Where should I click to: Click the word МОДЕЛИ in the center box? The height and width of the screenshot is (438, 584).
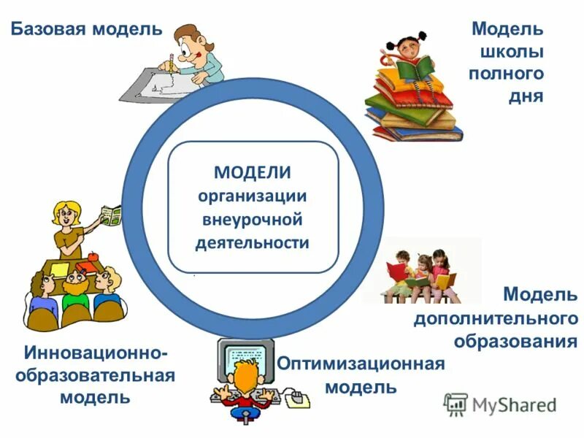(x=253, y=173)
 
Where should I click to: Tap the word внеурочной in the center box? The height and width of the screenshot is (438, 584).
(x=253, y=219)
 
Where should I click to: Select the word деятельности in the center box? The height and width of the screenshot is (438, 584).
(x=253, y=242)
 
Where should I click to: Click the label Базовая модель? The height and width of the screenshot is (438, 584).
(x=85, y=29)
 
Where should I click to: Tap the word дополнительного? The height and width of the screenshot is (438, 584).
(x=496, y=318)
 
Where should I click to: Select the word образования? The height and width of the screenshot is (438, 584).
(x=515, y=341)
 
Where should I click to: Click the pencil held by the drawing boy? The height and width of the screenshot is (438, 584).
(x=170, y=61)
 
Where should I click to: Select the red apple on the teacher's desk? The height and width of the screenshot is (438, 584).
(x=93, y=258)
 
